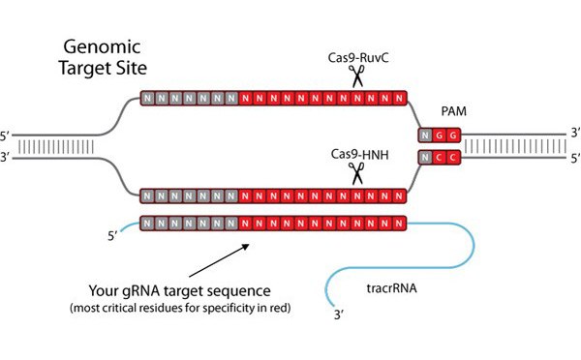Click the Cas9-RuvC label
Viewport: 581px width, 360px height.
[358, 58]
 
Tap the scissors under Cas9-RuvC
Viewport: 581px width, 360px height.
[357, 76]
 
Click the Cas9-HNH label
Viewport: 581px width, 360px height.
[360, 155]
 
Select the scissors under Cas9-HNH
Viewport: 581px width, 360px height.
[357, 173]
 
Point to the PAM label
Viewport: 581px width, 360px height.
[453, 111]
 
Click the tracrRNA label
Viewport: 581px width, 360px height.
[391, 288]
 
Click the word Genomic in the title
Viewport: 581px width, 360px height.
[102, 47]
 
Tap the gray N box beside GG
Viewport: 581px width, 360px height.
[425, 135]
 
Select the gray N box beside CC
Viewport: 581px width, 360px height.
[425, 158]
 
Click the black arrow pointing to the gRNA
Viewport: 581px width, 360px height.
[219, 260]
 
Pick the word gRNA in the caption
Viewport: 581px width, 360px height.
[141, 291]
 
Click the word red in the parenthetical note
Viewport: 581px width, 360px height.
[281, 308]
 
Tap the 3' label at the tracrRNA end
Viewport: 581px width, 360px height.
[339, 315]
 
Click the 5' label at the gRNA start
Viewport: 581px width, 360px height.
[112, 236]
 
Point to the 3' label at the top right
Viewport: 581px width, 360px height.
[575, 133]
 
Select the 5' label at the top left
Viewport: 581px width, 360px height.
[5, 136]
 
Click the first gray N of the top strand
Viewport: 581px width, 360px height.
[148, 99]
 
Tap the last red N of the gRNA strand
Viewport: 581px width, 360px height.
[399, 224]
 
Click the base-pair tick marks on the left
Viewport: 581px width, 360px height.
[55, 147]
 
